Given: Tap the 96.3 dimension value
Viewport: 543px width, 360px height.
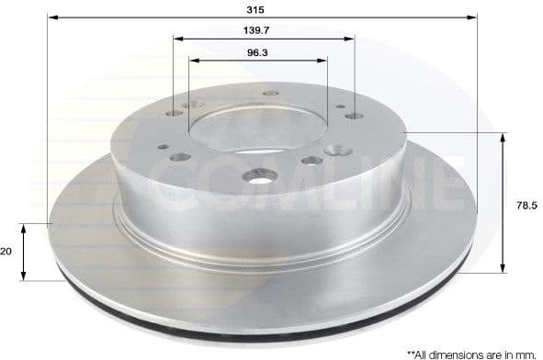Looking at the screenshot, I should (x=257, y=52).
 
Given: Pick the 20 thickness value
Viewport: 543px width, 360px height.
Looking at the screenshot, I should (x=7, y=250).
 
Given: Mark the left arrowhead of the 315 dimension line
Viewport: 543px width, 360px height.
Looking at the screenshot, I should (x=51, y=17).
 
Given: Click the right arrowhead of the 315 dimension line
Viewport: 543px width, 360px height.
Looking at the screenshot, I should (x=475, y=17).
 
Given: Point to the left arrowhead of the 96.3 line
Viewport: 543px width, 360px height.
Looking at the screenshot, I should (x=193, y=62).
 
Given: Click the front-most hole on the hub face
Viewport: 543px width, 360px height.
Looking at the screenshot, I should (x=252, y=174).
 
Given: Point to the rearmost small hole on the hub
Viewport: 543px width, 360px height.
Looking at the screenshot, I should (x=270, y=93).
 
